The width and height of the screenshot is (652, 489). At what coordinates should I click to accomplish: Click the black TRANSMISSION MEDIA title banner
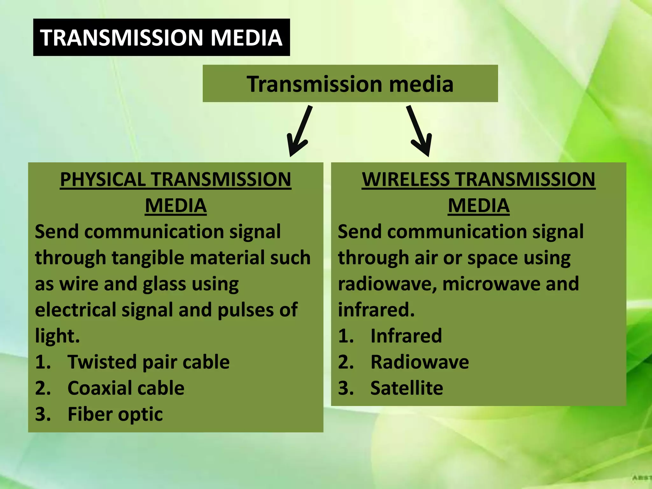click(x=161, y=37)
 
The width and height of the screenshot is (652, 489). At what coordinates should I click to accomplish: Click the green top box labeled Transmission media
click(x=350, y=83)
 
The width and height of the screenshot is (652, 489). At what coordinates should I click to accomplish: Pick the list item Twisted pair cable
click(x=148, y=362)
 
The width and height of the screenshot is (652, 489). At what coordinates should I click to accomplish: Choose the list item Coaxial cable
click(x=126, y=388)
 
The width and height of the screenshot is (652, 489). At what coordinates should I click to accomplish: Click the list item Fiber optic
click(x=115, y=414)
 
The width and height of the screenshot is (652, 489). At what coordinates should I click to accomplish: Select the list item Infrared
click(x=406, y=336)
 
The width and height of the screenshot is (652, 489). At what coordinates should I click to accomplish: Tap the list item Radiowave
click(x=420, y=362)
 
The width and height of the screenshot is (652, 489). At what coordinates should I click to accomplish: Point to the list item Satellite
click(x=407, y=388)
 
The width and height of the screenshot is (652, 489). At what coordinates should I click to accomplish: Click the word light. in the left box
click(x=57, y=336)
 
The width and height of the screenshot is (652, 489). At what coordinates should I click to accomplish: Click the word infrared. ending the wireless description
click(x=376, y=310)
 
